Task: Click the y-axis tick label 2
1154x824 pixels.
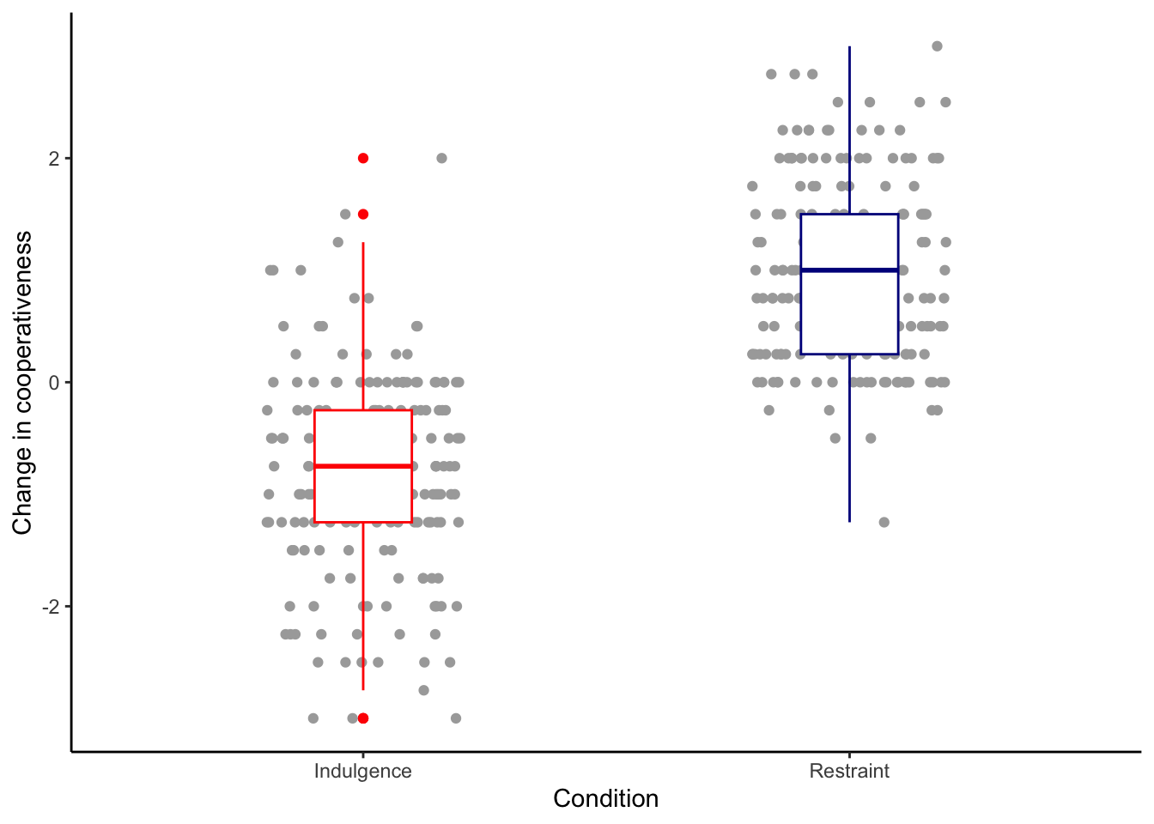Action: pos(54,159)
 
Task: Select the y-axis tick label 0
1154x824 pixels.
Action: pos(54,383)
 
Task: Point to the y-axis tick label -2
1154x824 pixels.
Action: pos(51,607)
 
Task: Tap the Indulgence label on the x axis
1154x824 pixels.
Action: pos(362,771)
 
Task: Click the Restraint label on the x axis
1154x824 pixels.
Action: pos(849,771)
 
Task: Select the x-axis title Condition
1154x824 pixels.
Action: pos(605,799)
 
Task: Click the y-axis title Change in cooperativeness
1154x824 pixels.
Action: pos(23,383)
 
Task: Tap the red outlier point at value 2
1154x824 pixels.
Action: pos(363,158)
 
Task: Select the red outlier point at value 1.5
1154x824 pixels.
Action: pos(363,214)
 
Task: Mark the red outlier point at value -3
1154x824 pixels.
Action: pos(363,718)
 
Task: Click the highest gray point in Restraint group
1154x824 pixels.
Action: pos(937,46)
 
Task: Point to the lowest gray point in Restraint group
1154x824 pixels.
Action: pos(884,522)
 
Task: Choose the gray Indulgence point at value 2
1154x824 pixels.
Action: pos(441,158)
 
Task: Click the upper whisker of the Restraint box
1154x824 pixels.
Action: pos(849,129)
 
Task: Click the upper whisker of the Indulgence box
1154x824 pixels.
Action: pos(363,326)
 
